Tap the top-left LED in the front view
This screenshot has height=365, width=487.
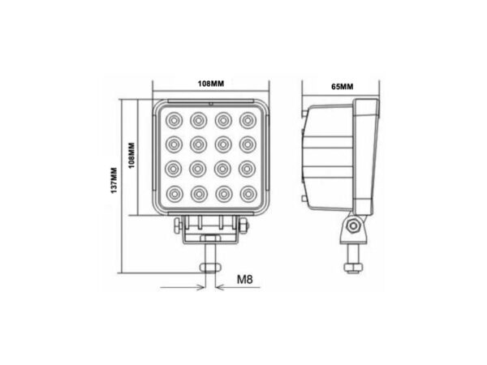[x=173, y=121]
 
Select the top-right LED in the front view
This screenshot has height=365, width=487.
[x=246, y=121]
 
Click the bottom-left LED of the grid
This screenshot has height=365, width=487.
[x=173, y=194]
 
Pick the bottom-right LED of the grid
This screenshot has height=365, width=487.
[x=246, y=194]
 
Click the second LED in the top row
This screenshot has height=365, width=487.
[x=197, y=121]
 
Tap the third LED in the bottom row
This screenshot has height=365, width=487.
[x=222, y=194]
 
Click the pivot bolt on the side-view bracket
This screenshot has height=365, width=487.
[x=354, y=228]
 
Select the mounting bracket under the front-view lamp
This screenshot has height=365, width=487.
[x=210, y=231]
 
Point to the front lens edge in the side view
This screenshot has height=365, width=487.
[x=369, y=158]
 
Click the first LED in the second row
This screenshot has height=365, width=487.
[x=173, y=145]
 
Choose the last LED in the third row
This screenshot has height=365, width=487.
[x=246, y=170]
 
